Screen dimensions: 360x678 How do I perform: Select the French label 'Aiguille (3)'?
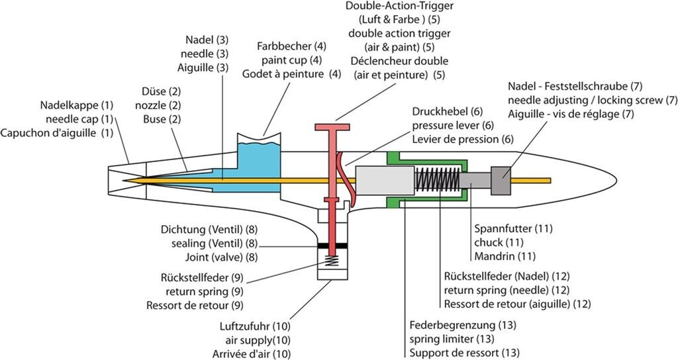click(x=204, y=67)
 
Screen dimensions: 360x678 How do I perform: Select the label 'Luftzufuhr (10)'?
click(x=255, y=326)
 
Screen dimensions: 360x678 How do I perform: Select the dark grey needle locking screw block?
click(x=501, y=181)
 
